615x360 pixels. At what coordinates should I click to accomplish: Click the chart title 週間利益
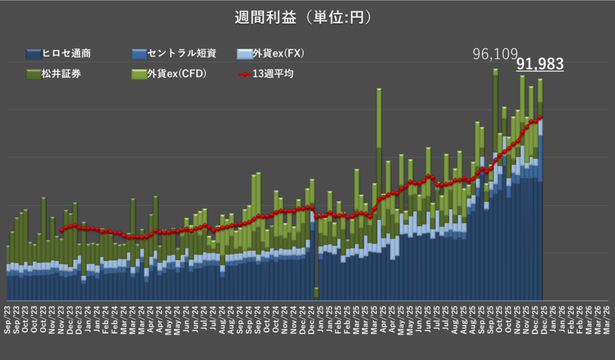(x=265, y=18)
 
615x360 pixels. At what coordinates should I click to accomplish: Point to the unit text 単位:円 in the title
(x=339, y=18)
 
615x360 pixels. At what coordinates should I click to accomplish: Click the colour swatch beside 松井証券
(x=33, y=75)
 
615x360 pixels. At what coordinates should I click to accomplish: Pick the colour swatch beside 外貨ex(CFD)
(x=138, y=75)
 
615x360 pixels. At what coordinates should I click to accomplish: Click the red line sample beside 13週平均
(x=244, y=75)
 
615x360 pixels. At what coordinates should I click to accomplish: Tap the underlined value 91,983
(x=539, y=64)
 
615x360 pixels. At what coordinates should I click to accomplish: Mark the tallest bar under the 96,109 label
(x=495, y=180)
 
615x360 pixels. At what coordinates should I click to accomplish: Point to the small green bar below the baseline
(x=317, y=293)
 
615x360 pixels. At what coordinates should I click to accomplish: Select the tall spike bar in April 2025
(x=379, y=180)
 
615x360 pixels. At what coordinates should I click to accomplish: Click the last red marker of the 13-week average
(x=541, y=117)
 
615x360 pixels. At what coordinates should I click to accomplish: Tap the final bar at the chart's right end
(x=541, y=192)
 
